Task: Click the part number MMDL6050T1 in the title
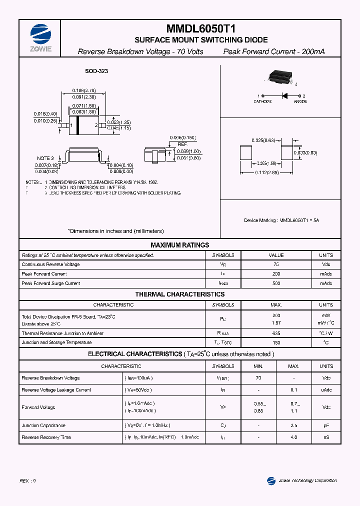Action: [x=200, y=29]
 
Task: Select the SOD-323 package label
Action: [x=96, y=71]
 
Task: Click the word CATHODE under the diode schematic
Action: [x=262, y=101]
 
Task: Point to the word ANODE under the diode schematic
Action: [x=300, y=101]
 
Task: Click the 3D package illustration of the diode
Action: [x=278, y=76]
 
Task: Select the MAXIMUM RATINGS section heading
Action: [x=180, y=245]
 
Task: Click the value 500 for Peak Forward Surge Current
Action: [x=276, y=283]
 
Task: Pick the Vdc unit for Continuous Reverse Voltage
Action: [x=325, y=264]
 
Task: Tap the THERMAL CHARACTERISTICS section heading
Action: [x=180, y=294]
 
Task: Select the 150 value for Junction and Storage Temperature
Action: [x=276, y=342]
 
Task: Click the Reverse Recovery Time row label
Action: [x=46, y=437]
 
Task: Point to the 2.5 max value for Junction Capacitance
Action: [x=293, y=425]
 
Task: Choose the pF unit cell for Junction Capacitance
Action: [x=326, y=425]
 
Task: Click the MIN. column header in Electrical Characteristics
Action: [x=258, y=366]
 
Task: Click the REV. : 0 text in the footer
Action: [x=27, y=480]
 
